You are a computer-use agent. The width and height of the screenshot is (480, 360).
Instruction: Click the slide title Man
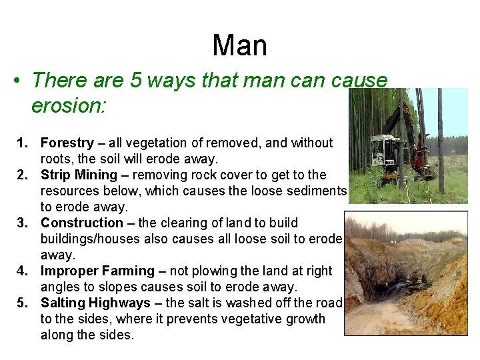(239, 46)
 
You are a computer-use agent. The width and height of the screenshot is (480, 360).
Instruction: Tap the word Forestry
(67, 143)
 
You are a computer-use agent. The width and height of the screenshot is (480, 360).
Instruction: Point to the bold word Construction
(82, 223)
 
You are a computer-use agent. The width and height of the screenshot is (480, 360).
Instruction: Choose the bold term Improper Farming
(97, 271)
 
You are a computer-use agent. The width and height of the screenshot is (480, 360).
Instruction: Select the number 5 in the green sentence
(135, 81)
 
